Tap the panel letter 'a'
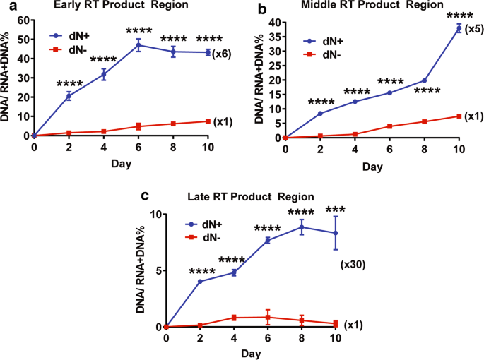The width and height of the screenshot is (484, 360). tap(6, 7)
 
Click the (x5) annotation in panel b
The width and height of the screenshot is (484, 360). tap(475, 29)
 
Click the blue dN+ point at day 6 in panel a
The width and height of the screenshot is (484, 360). tap(138, 45)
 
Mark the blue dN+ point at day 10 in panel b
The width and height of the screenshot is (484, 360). tap(459, 28)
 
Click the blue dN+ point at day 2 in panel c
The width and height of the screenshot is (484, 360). tap(200, 282)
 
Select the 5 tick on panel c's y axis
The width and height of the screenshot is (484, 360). tap(158, 270)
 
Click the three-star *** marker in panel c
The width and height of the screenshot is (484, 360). tap(336, 209)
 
